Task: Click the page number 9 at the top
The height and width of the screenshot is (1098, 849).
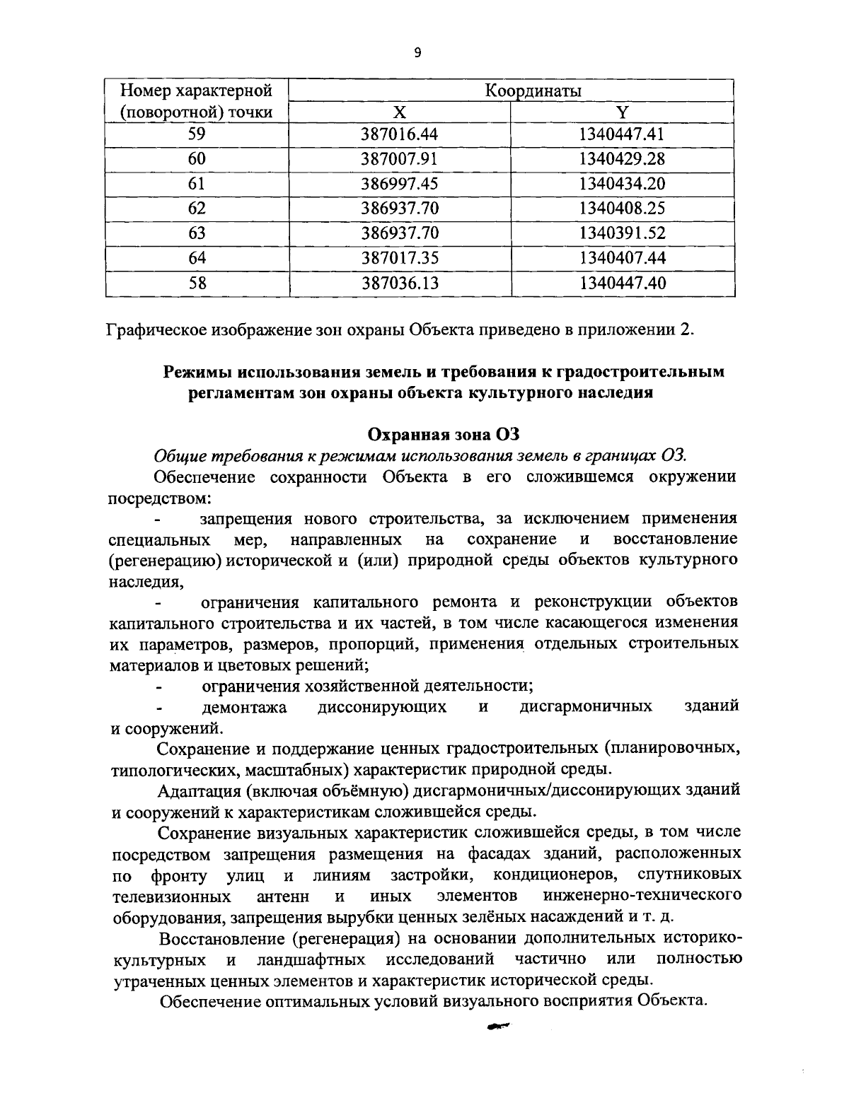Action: (x=417, y=52)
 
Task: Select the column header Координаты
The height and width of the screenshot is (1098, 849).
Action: (x=533, y=90)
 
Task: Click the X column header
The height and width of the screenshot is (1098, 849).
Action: (x=400, y=112)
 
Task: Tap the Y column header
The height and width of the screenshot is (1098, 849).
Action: (x=622, y=112)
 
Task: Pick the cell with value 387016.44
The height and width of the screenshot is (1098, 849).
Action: (x=400, y=134)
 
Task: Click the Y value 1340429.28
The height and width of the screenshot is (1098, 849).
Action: (x=622, y=159)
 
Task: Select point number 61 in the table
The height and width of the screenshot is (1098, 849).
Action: (x=197, y=184)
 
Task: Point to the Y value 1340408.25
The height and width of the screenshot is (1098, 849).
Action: (x=622, y=209)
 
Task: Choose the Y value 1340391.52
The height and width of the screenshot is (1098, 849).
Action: (x=622, y=233)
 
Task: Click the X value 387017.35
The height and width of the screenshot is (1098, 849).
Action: (x=400, y=258)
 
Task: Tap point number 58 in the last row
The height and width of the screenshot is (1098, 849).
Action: (x=197, y=284)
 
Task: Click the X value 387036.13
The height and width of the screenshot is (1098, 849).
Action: (x=400, y=284)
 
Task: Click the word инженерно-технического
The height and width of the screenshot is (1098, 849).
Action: (x=642, y=896)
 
